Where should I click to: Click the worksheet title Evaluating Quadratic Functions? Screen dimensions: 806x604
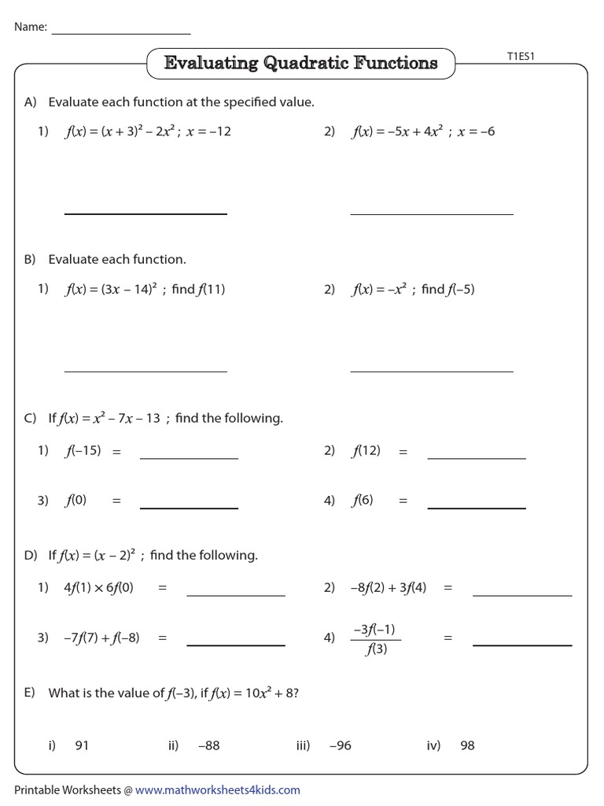tap(300, 63)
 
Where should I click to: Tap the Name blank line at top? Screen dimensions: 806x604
tap(121, 34)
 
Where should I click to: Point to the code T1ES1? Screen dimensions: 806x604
tap(521, 56)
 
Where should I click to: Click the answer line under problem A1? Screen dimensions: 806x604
tap(145, 213)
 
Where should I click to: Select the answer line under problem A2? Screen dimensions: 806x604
tap(431, 213)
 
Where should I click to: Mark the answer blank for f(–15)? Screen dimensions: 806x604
tap(189, 458)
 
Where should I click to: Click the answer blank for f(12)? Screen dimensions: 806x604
tap(477, 458)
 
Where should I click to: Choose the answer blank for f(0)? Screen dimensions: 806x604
tap(189, 508)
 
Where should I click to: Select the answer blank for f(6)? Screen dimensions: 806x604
tap(477, 508)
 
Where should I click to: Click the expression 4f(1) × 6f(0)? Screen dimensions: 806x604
tap(98, 587)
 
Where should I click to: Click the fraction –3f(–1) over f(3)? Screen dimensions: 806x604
tap(374, 638)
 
